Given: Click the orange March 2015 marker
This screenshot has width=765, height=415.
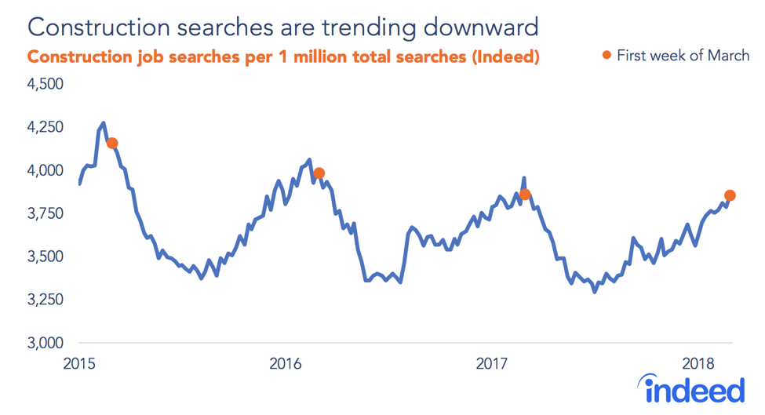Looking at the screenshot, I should point(112,143).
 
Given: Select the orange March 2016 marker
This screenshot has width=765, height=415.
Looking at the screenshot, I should point(319,173).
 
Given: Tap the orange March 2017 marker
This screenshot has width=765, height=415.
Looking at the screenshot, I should point(525,194).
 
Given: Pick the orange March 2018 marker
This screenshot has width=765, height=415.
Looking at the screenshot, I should point(730,195).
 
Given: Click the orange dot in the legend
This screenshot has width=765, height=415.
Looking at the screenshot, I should point(606,55).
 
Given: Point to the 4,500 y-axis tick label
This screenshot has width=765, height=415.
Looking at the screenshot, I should point(46,84).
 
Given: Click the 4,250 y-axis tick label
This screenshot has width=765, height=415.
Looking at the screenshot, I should point(46,127).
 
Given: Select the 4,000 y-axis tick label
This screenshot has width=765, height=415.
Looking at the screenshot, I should point(46,170).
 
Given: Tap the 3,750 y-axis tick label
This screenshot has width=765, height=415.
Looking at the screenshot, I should point(46,213).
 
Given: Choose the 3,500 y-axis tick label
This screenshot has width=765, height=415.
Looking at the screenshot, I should point(46,257).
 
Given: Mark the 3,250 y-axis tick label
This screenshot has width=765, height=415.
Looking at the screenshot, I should point(46,300).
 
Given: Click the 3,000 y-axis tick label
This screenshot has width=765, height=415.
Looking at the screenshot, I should point(46,343).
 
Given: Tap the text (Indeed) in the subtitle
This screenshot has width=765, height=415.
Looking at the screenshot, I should point(504,57).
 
